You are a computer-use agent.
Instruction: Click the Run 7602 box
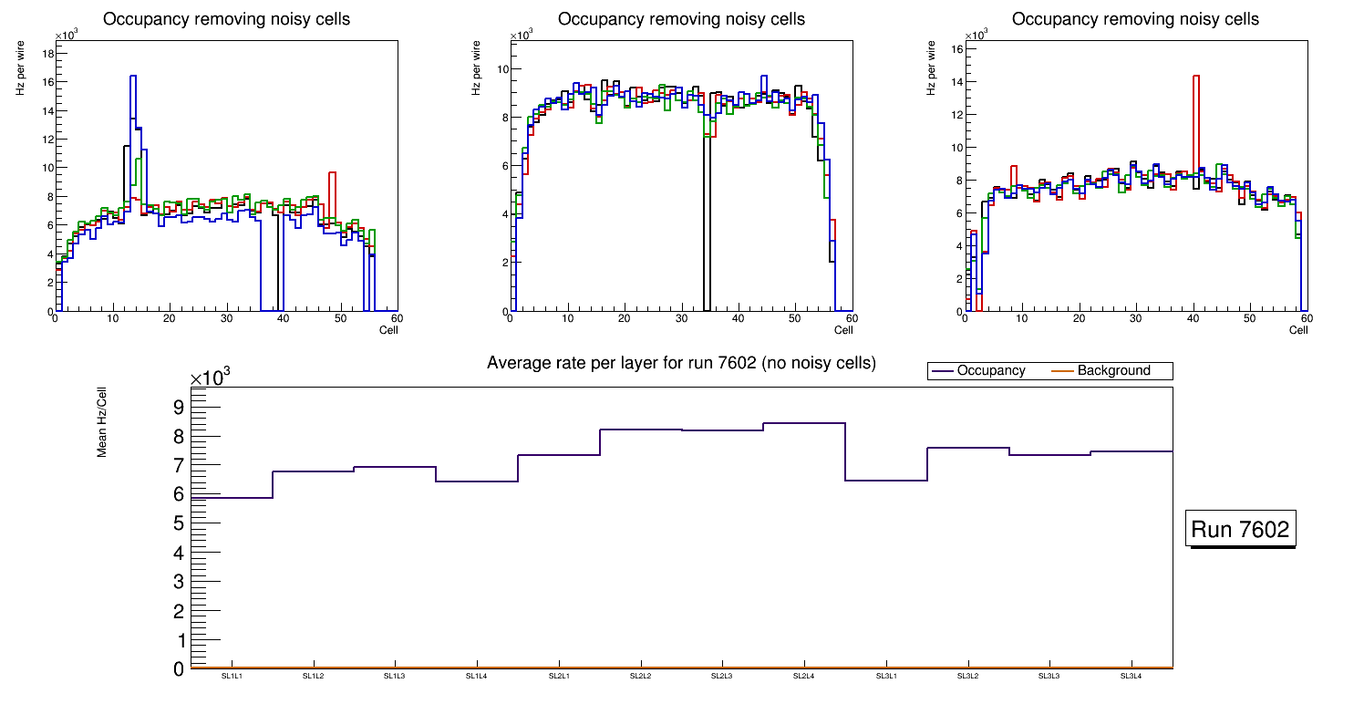click(1240, 530)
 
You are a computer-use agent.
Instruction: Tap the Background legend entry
click(1113, 371)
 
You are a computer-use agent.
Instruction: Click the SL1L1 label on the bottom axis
click(232, 676)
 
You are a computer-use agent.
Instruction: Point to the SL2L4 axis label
click(803, 676)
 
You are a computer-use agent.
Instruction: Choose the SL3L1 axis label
click(885, 676)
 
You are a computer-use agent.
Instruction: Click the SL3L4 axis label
click(1131, 676)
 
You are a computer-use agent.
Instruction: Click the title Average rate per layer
click(681, 363)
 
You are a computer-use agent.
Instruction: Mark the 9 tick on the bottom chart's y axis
click(179, 407)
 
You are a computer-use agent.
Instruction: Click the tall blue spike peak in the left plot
click(133, 77)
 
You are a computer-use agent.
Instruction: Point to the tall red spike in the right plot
click(1195, 77)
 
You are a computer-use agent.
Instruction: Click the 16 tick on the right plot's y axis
click(956, 48)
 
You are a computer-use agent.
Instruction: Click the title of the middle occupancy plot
click(681, 19)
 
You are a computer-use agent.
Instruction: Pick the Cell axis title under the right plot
click(1298, 329)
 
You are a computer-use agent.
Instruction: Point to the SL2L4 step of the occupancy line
click(804, 423)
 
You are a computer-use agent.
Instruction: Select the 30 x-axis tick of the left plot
click(226, 318)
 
